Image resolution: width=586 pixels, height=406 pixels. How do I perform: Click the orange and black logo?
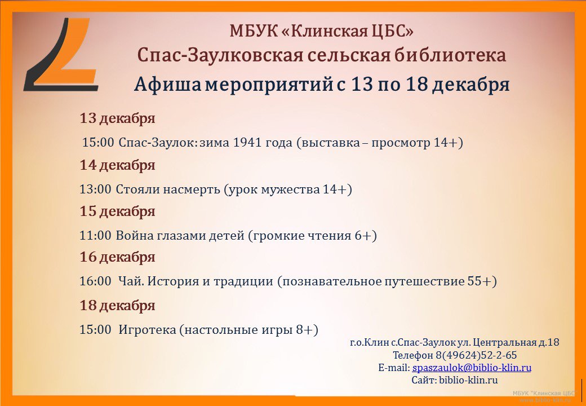pos(60,54)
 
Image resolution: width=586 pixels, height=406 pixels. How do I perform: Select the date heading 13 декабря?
pos(117,118)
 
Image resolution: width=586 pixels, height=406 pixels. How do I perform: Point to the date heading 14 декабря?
pos(117,165)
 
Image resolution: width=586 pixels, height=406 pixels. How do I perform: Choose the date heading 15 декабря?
pos(117,211)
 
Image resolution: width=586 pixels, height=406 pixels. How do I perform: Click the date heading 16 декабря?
pos(117,257)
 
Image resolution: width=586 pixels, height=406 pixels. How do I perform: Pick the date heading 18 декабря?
pos(117,306)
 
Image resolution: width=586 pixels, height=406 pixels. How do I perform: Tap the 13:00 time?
pos(95,189)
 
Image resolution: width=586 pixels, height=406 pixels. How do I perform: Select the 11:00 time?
pos(95,236)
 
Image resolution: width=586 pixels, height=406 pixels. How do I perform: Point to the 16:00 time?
pos(95,281)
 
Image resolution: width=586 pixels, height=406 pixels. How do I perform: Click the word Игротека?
pos(147,330)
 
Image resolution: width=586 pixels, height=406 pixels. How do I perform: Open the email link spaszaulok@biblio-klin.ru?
pos(472,368)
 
